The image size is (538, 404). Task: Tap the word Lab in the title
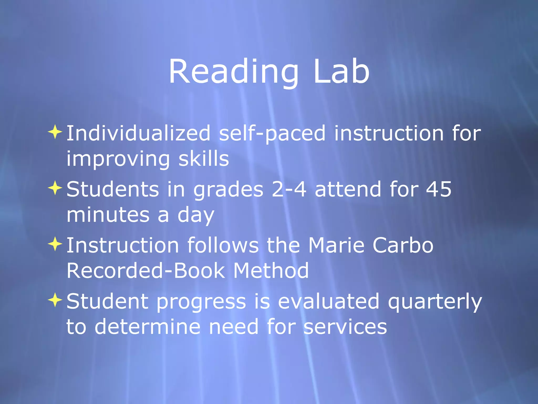342,72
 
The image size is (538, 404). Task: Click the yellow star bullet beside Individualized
55,132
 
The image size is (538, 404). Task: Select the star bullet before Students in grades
55,188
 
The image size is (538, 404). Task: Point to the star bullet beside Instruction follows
55,244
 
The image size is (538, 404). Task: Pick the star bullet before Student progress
55,300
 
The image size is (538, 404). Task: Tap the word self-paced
272,134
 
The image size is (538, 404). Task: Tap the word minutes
108,215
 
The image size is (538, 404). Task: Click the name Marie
336,245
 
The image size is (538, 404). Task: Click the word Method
271,271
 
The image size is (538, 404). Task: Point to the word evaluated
328,301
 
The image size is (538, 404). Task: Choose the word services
345,327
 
